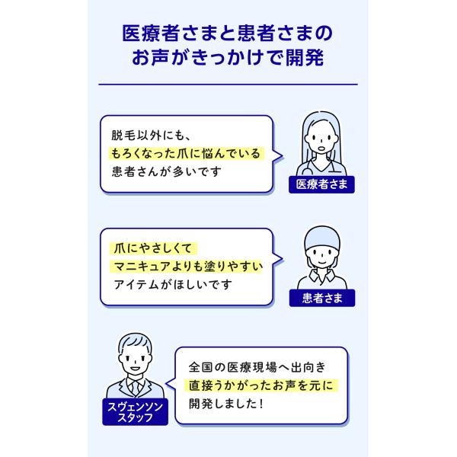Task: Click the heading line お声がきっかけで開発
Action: click(228, 59)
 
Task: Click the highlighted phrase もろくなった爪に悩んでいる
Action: click(184, 153)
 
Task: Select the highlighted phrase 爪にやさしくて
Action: click(153, 248)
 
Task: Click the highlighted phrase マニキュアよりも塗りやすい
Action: click(187, 265)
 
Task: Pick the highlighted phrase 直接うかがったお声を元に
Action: click(261, 385)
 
